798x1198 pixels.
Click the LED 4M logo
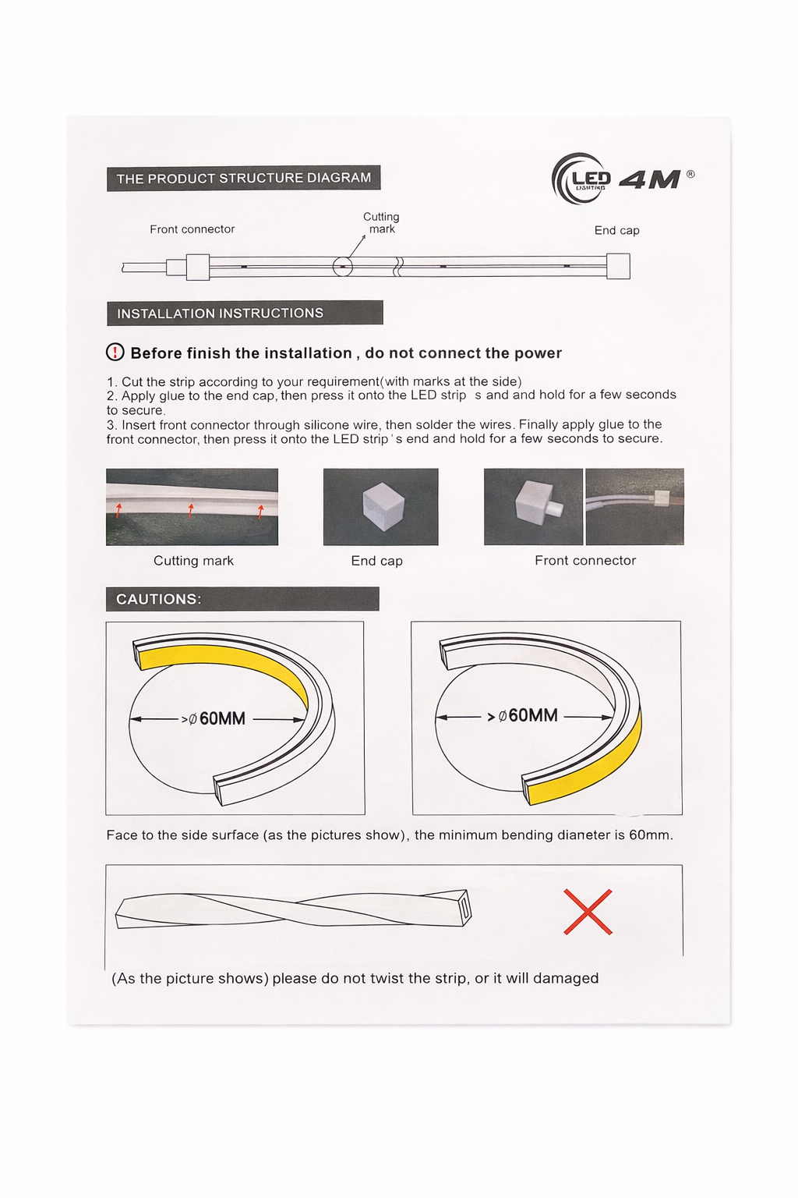(x=621, y=179)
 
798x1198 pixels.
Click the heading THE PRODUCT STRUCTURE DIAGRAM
(x=243, y=178)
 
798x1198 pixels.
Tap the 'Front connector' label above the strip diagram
(x=192, y=229)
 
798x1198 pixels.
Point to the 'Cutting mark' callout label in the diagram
(x=381, y=223)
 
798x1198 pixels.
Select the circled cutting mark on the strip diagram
(x=343, y=267)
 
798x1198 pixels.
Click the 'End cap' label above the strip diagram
(x=616, y=230)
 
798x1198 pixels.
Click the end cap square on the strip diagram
(x=618, y=266)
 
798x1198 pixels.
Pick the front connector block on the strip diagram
(x=197, y=267)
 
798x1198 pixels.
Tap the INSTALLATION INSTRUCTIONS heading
(x=221, y=314)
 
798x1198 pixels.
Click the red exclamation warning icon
(x=115, y=353)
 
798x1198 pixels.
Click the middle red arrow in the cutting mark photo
(x=191, y=511)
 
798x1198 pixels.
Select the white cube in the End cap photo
(x=383, y=506)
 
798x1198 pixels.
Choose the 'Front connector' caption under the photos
(x=584, y=561)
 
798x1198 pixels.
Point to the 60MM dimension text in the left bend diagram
(x=222, y=718)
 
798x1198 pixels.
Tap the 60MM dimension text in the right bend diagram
(x=532, y=716)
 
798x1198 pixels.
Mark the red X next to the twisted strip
(x=588, y=912)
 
